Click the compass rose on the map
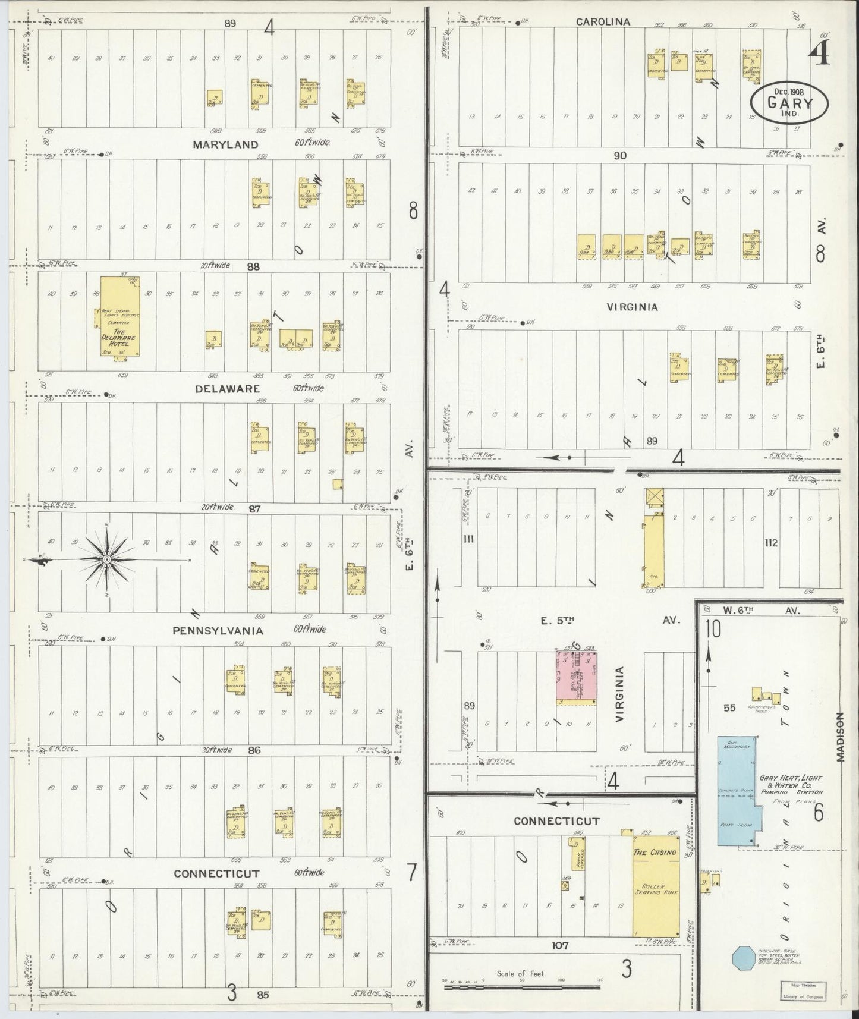pos(106,559)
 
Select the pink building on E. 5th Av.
pos(575,677)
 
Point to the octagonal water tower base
pos(743,957)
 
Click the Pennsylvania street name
pos(218,630)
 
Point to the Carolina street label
pos(602,22)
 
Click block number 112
pos(772,542)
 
